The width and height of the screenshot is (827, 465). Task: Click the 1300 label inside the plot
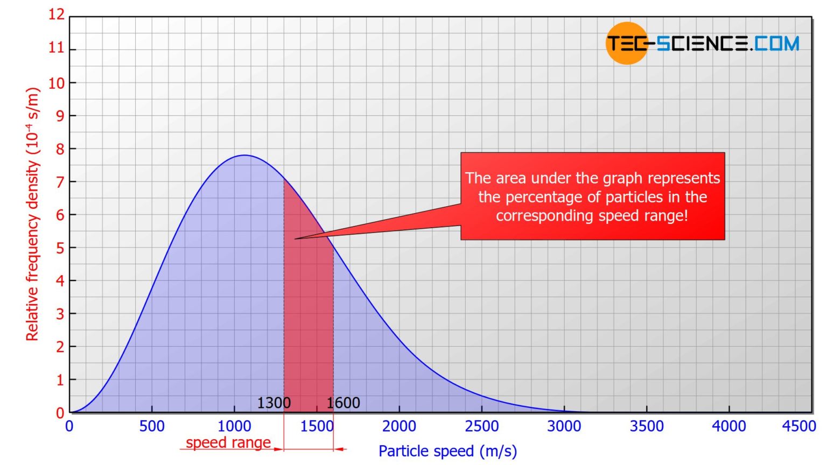(x=274, y=403)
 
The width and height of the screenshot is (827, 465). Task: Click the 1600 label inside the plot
(x=343, y=403)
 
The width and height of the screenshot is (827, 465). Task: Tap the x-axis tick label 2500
(x=481, y=426)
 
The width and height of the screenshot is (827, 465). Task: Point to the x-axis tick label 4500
(x=799, y=426)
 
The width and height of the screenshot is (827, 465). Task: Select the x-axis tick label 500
(x=152, y=426)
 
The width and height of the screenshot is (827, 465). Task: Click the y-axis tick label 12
(x=56, y=15)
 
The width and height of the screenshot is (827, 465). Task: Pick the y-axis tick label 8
(x=60, y=149)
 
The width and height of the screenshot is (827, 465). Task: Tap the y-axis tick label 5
(x=60, y=248)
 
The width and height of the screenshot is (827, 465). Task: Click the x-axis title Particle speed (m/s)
(x=447, y=451)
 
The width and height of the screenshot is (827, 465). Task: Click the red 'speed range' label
(x=228, y=442)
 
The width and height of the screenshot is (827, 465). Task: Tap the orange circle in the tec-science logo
(x=626, y=43)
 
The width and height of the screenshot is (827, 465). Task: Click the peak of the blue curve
(x=245, y=156)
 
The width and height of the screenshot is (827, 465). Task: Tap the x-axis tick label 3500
(x=647, y=426)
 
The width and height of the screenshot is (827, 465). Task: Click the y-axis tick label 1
(x=60, y=380)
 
